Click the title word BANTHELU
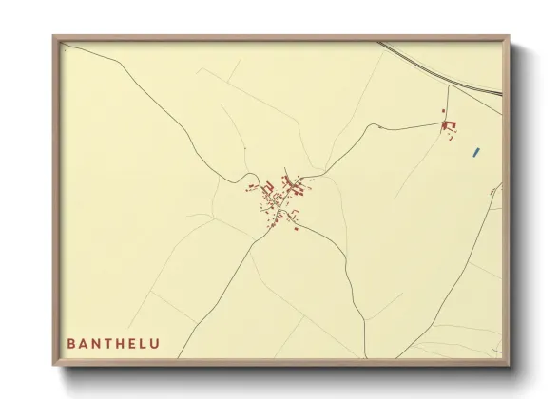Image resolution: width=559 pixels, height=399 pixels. pos(113,343)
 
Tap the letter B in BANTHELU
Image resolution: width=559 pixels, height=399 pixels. pos(71,343)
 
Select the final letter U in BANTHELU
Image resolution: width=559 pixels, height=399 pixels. pos(155,343)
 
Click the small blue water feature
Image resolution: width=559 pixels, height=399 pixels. pos(475,150)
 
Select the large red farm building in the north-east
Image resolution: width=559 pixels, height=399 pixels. pos(450,125)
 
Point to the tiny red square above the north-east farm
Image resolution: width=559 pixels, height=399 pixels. pos(443,112)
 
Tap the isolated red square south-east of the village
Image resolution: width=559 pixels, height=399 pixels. pos(296,228)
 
